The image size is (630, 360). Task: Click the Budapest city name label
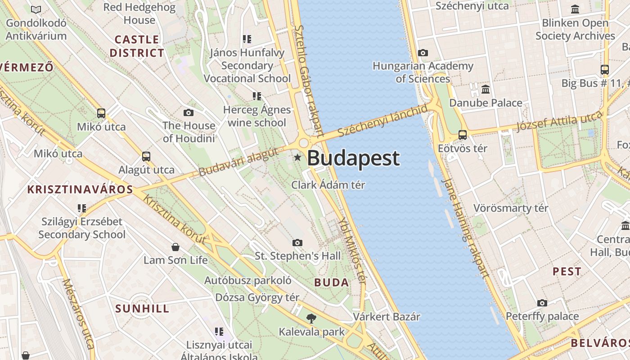tap(353, 158)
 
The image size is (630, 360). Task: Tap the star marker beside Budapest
tap(297, 157)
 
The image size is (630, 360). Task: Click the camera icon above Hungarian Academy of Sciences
tap(423, 53)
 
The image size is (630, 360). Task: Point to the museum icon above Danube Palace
tap(486, 89)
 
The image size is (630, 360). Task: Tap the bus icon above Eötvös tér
tap(462, 135)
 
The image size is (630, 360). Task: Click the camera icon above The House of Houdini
tap(189, 112)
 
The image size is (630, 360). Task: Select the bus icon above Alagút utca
tap(146, 157)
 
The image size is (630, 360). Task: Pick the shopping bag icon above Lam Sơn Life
tap(175, 247)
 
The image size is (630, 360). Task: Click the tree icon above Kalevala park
tap(311, 319)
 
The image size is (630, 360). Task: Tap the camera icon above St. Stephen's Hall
tap(297, 243)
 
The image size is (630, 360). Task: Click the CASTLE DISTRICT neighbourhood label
tap(137, 46)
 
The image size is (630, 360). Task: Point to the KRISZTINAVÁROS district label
tap(81, 189)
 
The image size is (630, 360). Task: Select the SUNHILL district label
tap(142, 309)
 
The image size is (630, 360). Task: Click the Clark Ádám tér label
tap(328, 185)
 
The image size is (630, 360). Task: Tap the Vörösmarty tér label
tap(511, 208)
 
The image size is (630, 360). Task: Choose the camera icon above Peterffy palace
tap(542, 303)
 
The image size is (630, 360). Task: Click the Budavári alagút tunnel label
tap(238, 162)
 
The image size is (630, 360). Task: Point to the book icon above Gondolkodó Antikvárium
tap(36, 9)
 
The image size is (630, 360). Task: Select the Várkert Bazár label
tap(386, 317)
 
